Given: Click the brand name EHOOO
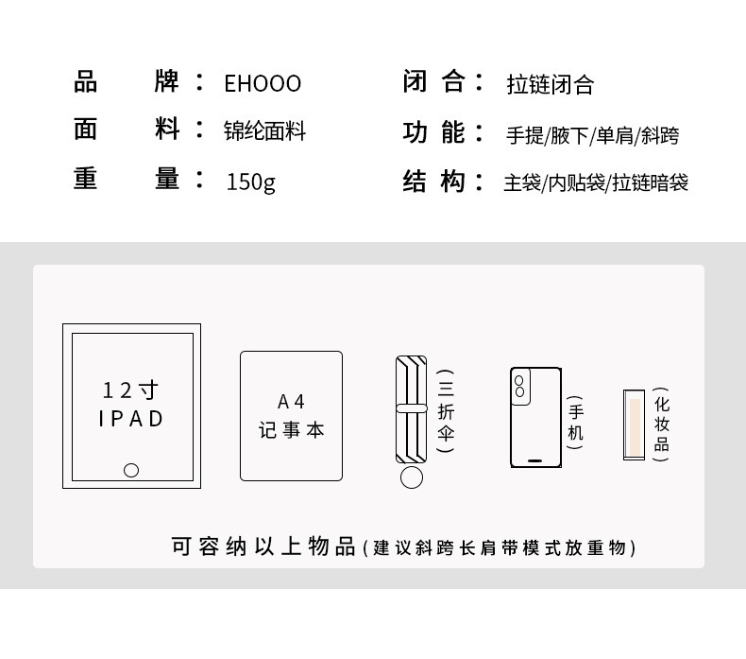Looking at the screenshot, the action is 263,84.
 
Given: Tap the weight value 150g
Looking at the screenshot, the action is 250,181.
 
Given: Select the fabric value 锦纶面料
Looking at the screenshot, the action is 264,131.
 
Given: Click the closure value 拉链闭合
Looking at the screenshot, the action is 550,85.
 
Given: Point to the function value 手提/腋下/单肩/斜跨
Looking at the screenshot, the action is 592,135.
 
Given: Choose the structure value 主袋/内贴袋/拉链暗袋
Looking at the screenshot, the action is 595,182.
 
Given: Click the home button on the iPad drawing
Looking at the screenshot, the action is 131,470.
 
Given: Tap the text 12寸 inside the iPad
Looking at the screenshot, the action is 130,390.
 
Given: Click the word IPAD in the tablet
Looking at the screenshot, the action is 131,418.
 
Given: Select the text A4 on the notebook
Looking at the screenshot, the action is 291,401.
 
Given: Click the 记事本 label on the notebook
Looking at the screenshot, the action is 291,430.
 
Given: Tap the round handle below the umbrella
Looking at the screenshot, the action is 411,477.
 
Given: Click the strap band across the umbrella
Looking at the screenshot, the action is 411,408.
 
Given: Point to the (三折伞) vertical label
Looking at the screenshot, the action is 446,412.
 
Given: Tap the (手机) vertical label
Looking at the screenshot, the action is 575,422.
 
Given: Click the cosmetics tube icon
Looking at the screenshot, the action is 634,424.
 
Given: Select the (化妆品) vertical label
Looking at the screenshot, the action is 661,424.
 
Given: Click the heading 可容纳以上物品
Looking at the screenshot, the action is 263,546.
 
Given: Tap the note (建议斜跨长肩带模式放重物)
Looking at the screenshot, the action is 500,547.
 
